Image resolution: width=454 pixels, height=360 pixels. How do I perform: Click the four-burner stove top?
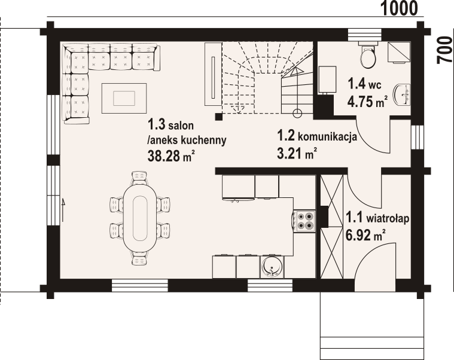point(304,221)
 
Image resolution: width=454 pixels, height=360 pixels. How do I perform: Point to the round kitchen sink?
point(272,266)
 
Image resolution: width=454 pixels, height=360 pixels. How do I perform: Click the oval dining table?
point(140,218)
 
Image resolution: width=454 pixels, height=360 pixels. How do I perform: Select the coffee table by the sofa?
point(124,98)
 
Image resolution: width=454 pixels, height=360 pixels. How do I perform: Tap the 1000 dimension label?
point(400,8)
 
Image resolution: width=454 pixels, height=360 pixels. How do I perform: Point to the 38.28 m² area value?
point(171,155)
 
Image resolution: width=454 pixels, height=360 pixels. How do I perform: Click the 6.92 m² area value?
point(366,234)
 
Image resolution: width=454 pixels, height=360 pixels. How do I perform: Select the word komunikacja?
point(327,136)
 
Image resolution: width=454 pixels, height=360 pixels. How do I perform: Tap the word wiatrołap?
point(388,218)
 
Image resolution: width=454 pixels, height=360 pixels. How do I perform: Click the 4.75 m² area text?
point(368,102)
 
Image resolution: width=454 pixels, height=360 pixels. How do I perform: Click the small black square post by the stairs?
point(219,117)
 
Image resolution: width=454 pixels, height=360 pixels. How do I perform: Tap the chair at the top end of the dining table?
point(139,177)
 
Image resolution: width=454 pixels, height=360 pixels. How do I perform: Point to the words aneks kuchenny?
point(187,141)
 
